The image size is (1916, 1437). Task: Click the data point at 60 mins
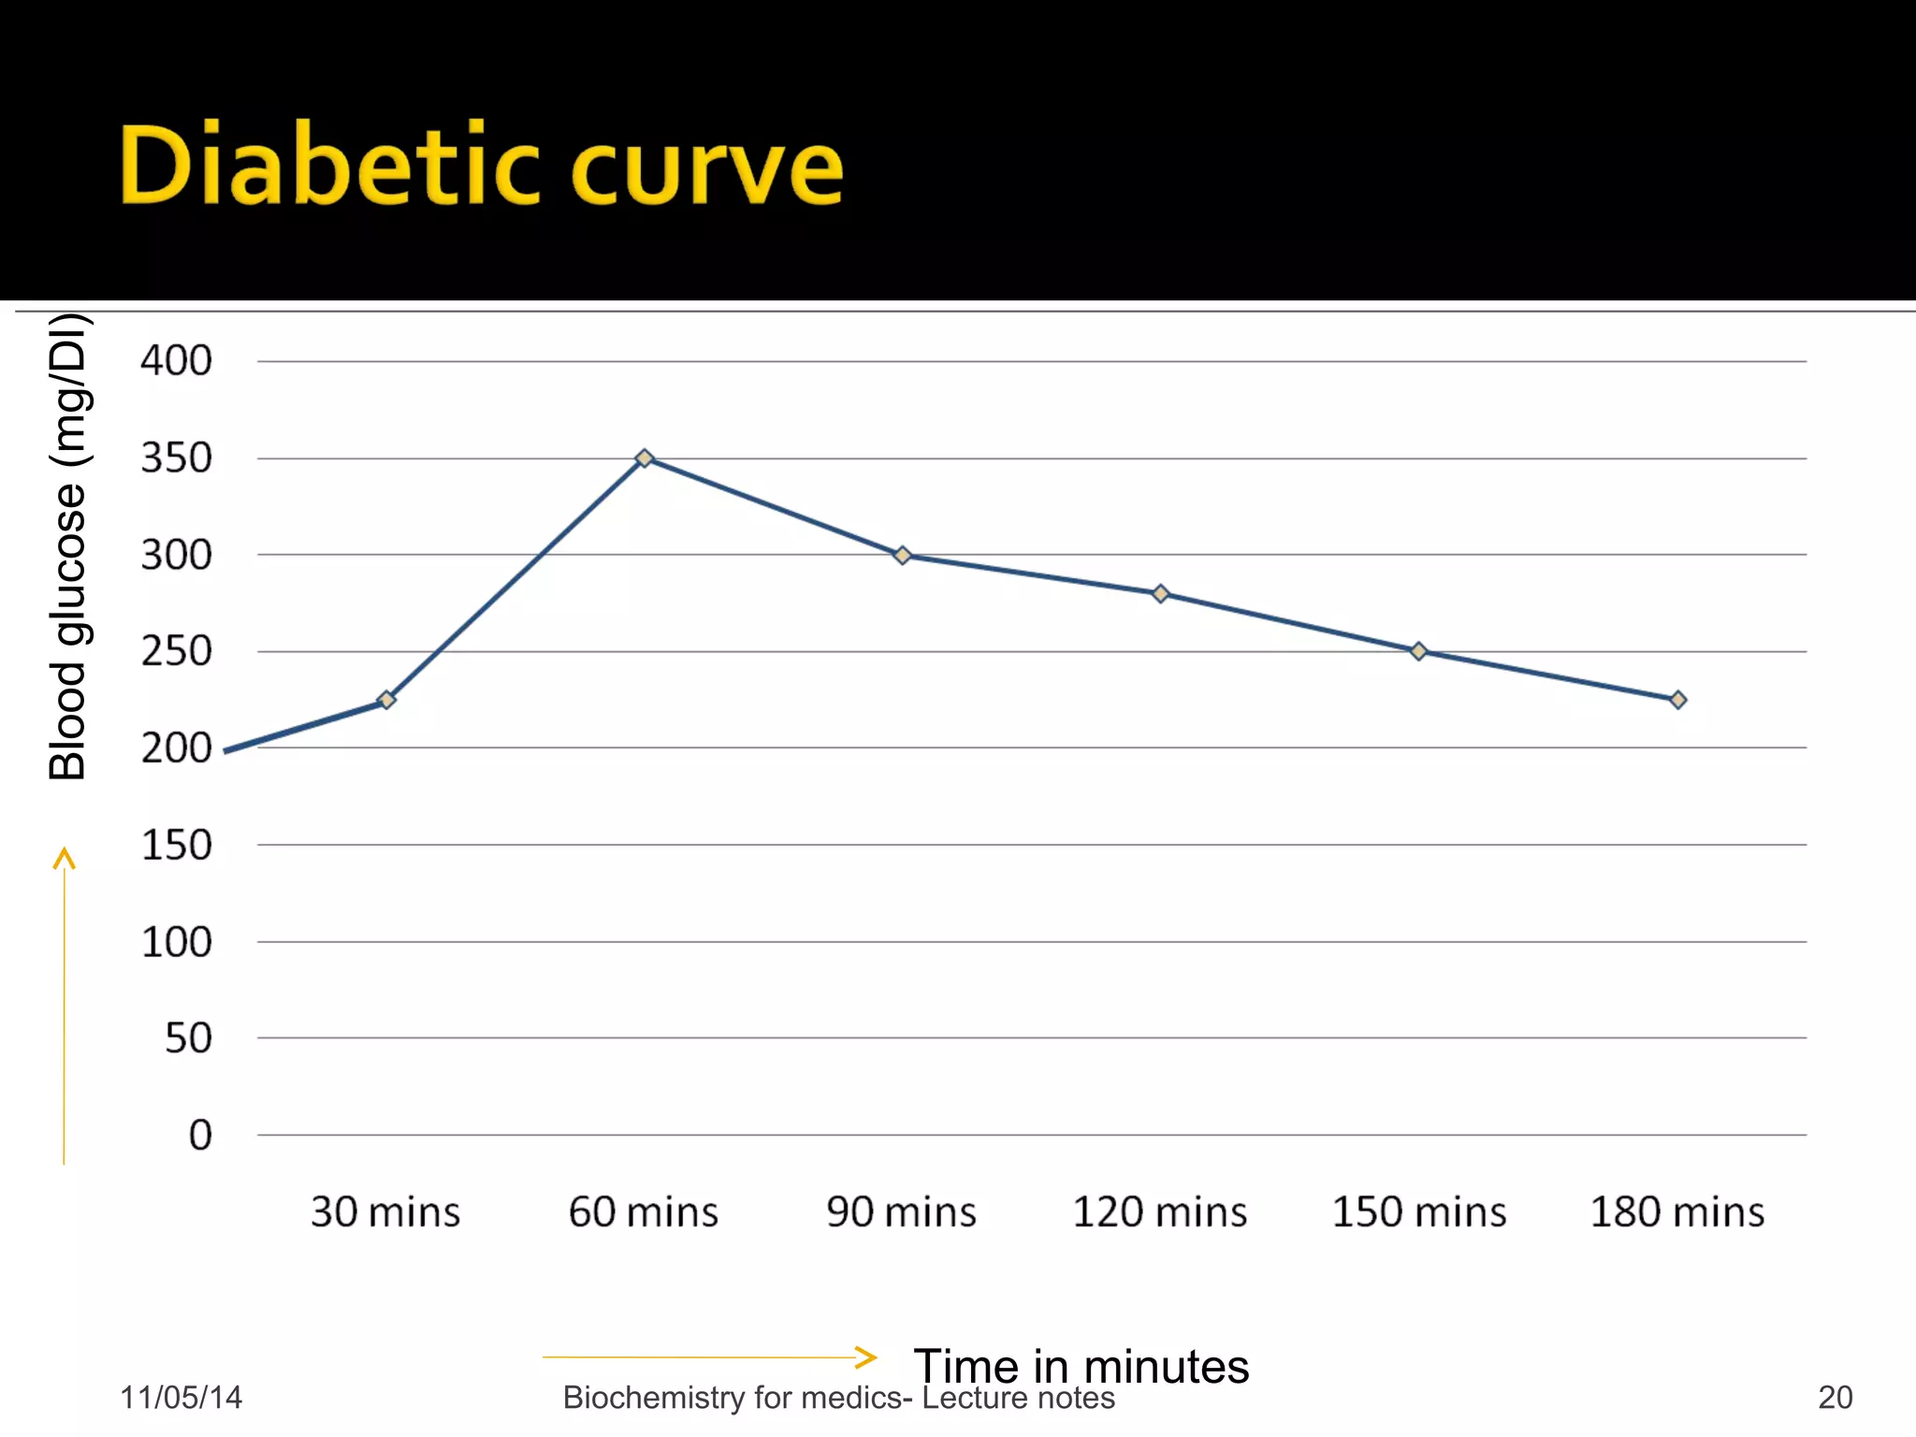point(644,458)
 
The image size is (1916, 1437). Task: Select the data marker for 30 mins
point(386,700)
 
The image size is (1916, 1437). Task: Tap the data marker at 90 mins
point(903,556)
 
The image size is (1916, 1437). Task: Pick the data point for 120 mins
point(1160,594)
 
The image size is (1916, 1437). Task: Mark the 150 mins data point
point(1418,651)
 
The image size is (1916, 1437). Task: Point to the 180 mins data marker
point(1677,700)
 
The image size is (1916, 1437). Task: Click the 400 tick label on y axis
point(176,361)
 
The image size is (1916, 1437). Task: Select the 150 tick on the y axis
point(176,846)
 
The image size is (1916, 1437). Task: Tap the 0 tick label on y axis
point(200,1136)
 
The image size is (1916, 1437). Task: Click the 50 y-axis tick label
point(188,1038)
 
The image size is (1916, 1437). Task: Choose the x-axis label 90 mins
point(901,1212)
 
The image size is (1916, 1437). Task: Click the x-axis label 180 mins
point(1676,1212)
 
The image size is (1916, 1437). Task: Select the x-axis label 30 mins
point(385,1212)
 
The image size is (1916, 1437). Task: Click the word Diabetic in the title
point(327,167)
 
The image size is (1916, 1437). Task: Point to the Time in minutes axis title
point(1081,1366)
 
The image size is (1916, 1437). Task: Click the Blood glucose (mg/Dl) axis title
point(67,547)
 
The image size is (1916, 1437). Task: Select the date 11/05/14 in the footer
point(181,1398)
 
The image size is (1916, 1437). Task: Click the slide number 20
point(1835,1398)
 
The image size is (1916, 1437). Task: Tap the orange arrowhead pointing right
point(866,1357)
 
